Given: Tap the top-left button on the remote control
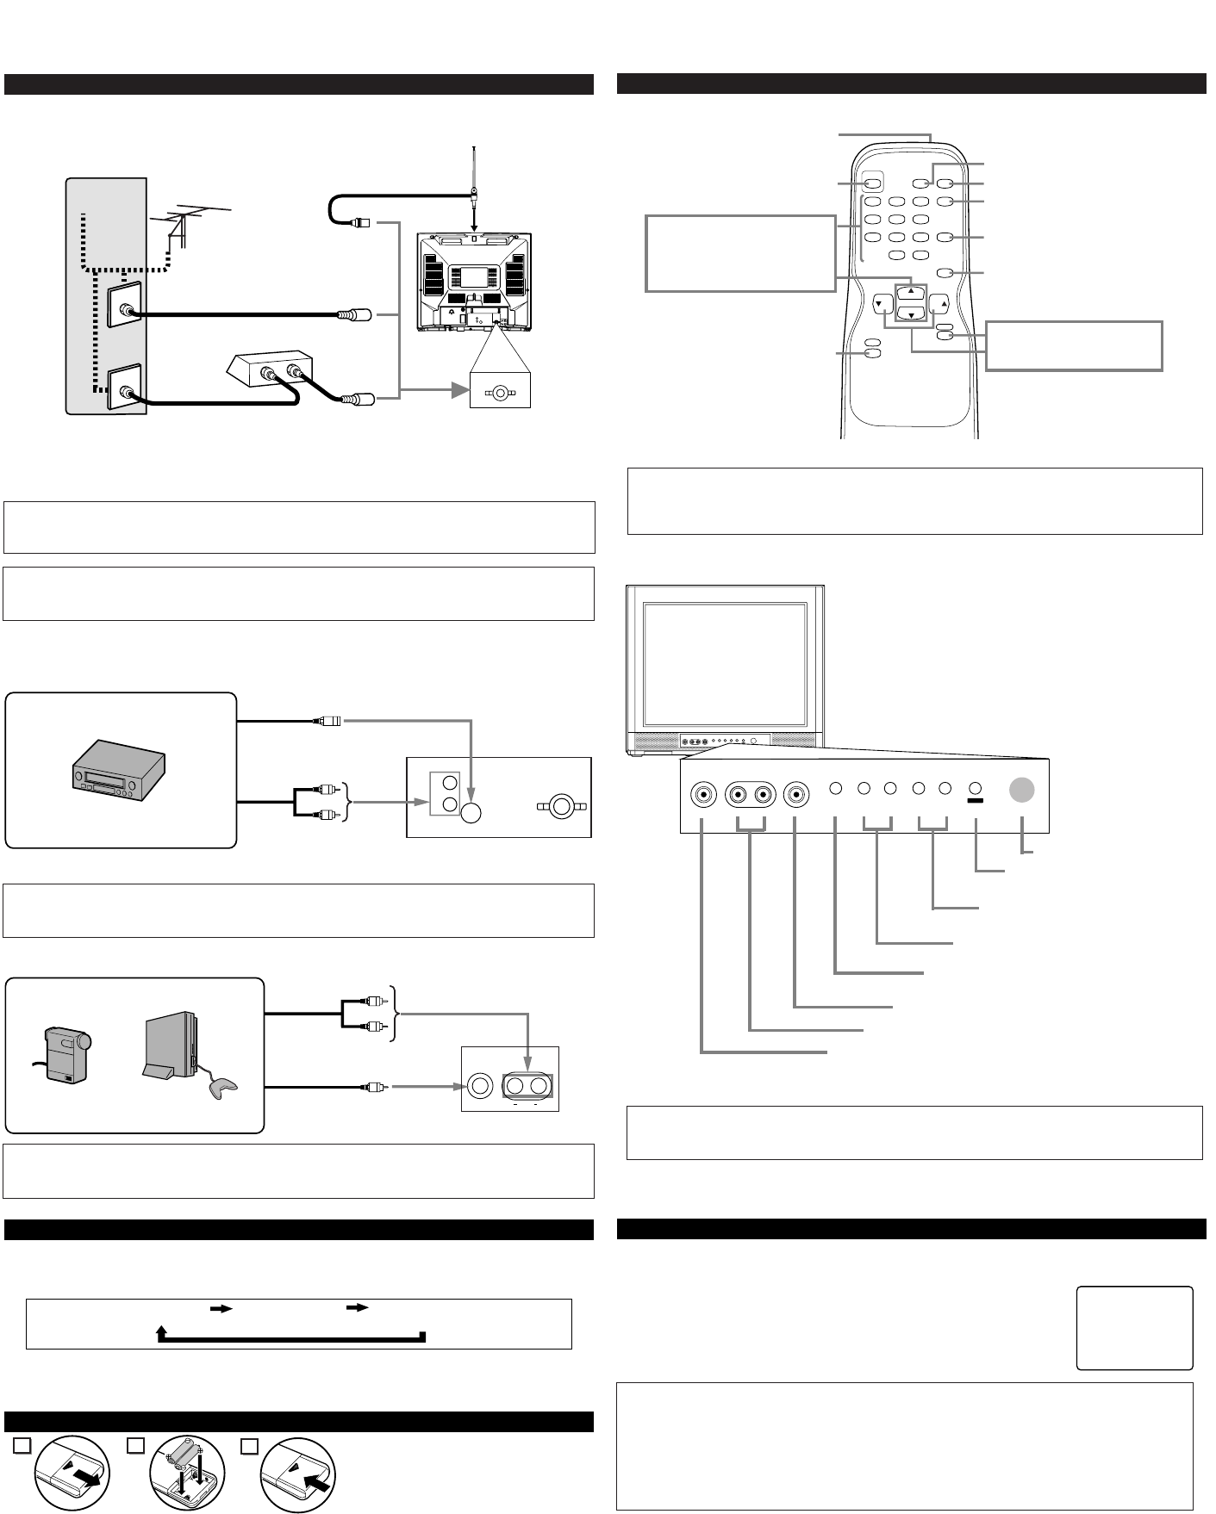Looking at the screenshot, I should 872,183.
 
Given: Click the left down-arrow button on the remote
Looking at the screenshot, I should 881,303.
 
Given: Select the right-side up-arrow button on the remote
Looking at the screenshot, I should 939,303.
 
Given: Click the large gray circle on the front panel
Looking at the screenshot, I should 1021,790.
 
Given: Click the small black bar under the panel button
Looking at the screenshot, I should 976,800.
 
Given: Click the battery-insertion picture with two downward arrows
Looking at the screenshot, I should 186,1474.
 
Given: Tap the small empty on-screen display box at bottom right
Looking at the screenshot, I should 1134,1327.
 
